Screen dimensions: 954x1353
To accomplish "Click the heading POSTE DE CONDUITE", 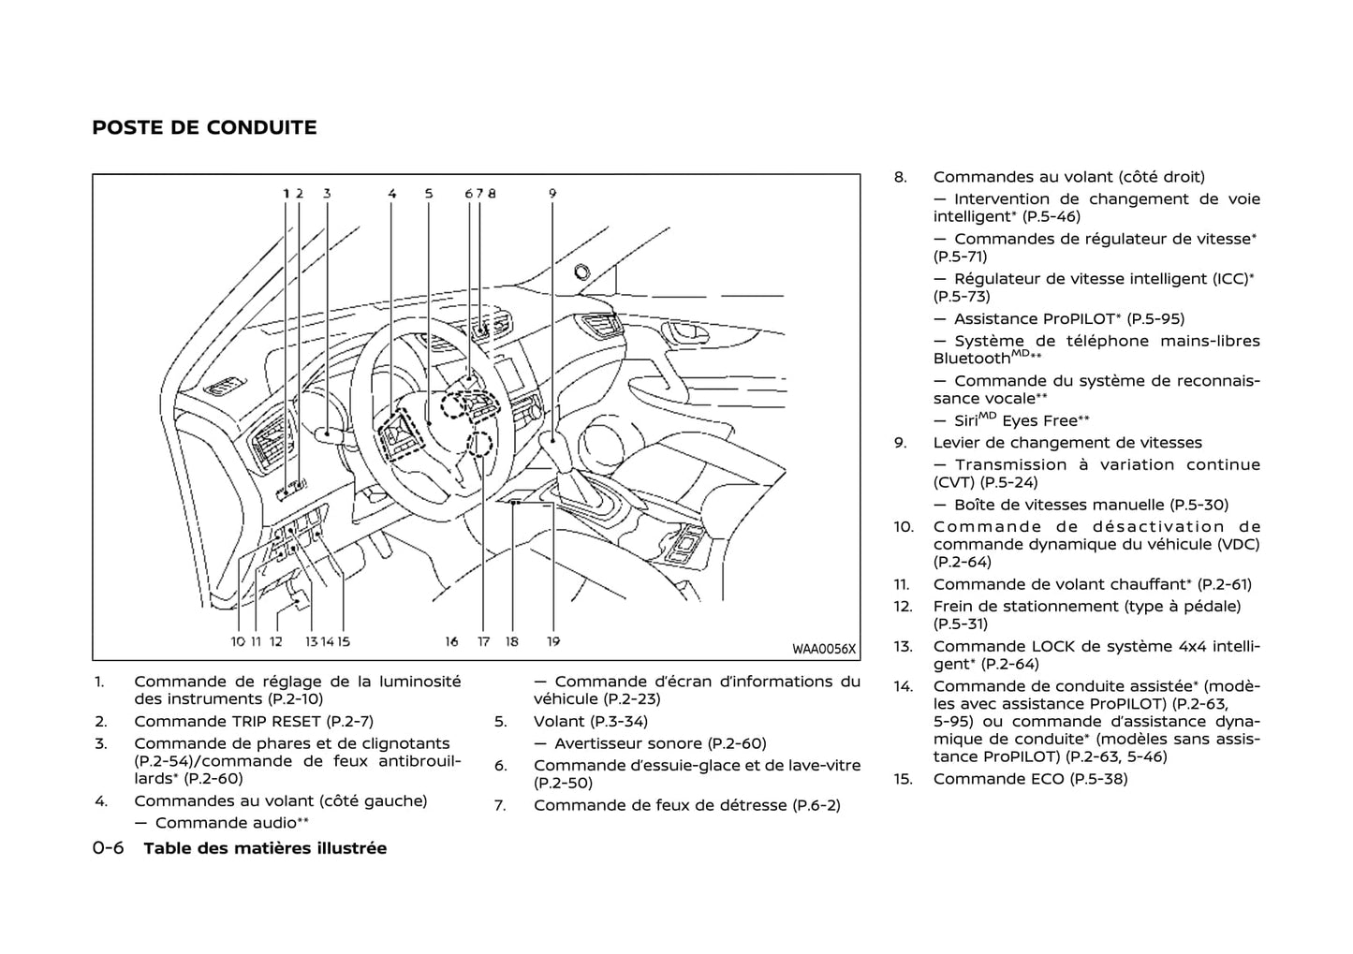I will click(x=204, y=127).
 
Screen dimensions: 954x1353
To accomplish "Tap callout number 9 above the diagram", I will click(x=552, y=194).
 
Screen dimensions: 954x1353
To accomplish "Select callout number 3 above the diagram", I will click(x=327, y=194).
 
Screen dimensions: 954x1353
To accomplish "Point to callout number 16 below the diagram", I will click(x=451, y=641).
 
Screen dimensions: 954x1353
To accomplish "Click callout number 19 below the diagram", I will click(x=553, y=641).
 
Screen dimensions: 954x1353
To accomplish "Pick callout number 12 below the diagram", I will click(x=276, y=641).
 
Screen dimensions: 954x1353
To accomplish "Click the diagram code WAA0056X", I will click(x=824, y=648).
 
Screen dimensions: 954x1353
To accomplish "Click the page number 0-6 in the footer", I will click(x=108, y=848).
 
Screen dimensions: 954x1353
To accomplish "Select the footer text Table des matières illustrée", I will click(x=265, y=848).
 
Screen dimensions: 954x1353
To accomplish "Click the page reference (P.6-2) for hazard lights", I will click(x=816, y=805).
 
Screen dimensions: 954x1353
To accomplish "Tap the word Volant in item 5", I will click(x=559, y=721).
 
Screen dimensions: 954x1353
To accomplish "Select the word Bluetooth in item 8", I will click(x=972, y=359).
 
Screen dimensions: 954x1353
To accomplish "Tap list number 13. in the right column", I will click(x=903, y=646).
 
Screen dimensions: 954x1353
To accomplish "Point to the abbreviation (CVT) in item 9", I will click(x=953, y=482).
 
